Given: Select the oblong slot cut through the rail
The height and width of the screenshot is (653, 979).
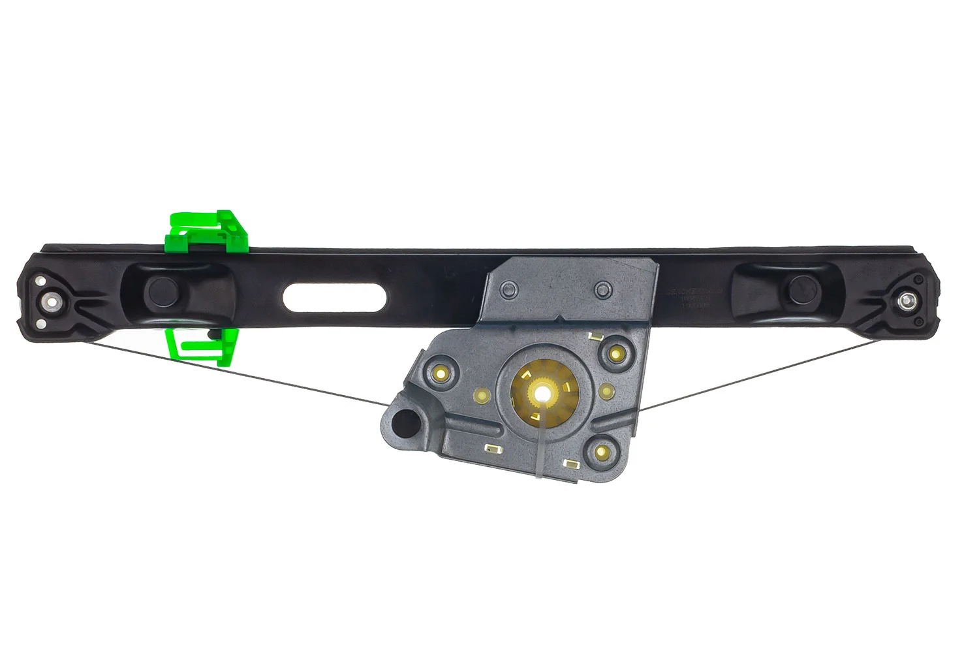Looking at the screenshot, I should click(x=334, y=298).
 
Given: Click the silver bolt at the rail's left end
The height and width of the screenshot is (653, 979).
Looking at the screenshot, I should click(x=50, y=302).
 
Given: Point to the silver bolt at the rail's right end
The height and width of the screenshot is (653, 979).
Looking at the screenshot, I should click(x=907, y=301).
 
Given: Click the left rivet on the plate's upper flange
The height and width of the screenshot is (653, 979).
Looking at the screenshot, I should click(x=508, y=289).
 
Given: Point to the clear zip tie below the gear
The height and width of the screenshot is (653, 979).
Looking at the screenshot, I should click(x=540, y=451).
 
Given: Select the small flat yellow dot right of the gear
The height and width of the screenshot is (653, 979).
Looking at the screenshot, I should click(x=607, y=391).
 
